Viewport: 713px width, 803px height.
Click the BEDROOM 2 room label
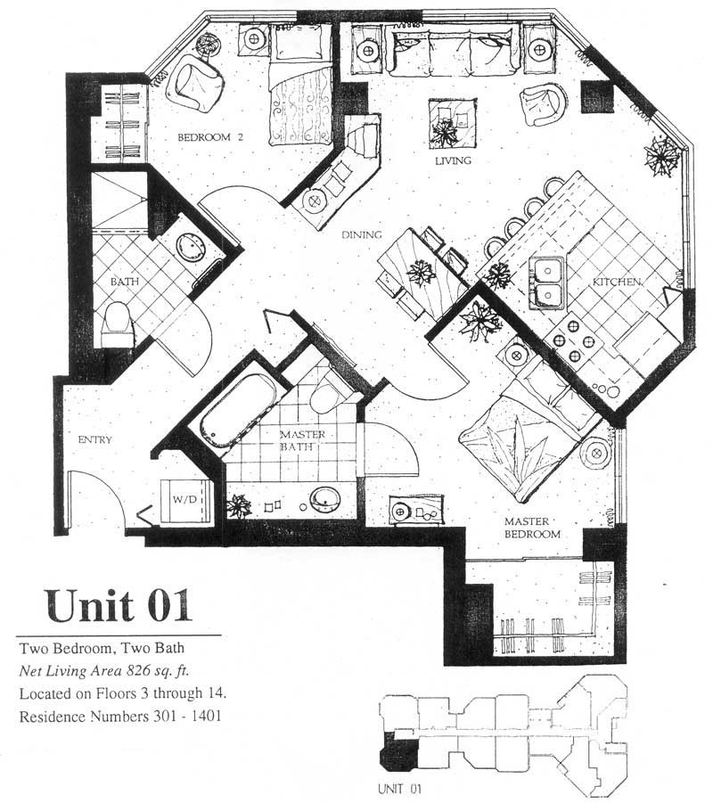[210, 137]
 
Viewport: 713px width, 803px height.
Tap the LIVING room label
[453, 160]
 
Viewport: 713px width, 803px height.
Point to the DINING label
[362, 235]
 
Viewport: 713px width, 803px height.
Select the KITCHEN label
[617, 282]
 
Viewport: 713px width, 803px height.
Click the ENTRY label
[94, 439]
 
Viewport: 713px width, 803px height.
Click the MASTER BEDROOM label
[532, 528]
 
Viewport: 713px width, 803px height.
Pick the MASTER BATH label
[302, 440]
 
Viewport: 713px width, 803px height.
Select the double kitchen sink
[546, 283]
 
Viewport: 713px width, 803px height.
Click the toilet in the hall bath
[117, 324]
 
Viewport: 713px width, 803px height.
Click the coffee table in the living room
[453, 123]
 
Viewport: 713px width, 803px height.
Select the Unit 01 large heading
[119, 605]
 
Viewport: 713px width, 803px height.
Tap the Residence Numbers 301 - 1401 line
[120, 716]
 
